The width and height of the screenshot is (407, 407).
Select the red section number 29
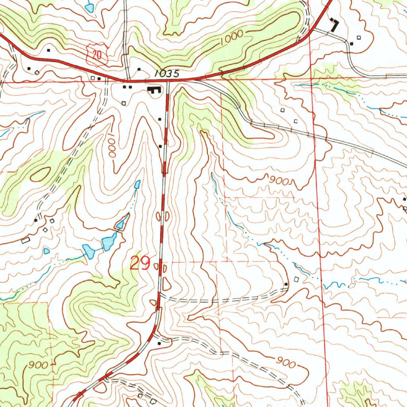140,263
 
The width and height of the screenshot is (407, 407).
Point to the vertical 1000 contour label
111,147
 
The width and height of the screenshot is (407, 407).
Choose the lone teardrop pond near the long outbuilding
47,251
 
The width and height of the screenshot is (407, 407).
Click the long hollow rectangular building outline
25,240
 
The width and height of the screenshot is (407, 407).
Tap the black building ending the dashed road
286,284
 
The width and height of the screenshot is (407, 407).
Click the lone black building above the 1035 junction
139,70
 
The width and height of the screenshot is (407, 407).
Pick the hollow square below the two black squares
124,103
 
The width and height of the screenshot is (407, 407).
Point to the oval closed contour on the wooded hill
38,174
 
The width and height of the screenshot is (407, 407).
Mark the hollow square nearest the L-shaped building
359,37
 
